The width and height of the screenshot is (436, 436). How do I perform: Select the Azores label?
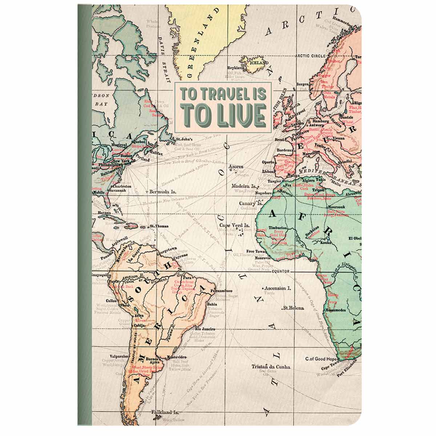point(236,167)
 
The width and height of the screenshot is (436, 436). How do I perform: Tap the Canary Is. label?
point(250,204)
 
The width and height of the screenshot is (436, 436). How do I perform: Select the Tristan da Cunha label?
point(271,367)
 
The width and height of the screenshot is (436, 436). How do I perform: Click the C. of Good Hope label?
point(322,359)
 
